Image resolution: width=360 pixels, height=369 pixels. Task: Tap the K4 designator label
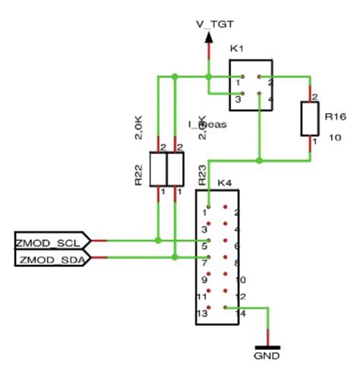[x=224, y=183]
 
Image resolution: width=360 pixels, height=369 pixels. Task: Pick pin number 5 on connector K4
[x=205, y=245]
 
